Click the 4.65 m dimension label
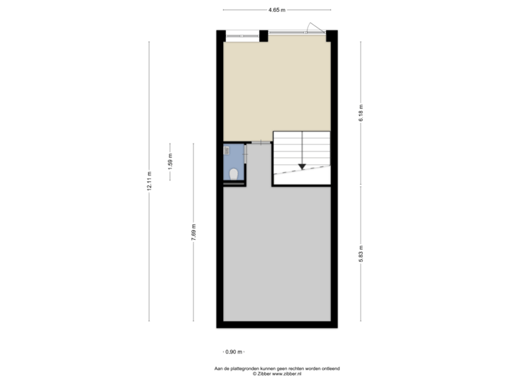276,10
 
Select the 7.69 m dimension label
193,232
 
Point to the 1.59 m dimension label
170,161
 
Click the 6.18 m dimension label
361,112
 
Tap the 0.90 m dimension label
233,352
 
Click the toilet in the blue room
233,173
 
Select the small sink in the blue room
226,150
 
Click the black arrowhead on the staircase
302,166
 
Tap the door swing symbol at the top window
312,27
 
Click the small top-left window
242,35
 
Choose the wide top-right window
297,32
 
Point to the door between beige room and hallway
261,143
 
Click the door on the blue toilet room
245,154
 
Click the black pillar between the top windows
263,35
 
